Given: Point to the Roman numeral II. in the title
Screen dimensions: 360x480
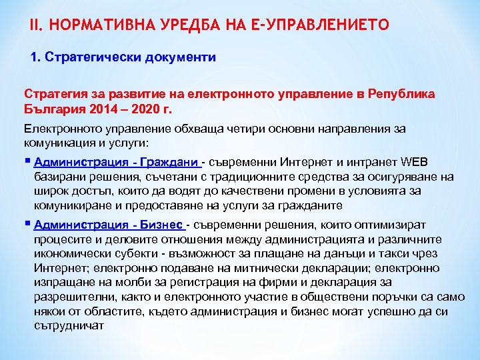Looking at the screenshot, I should (37, 25).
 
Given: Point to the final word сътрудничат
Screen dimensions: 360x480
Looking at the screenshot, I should (69, 325).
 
